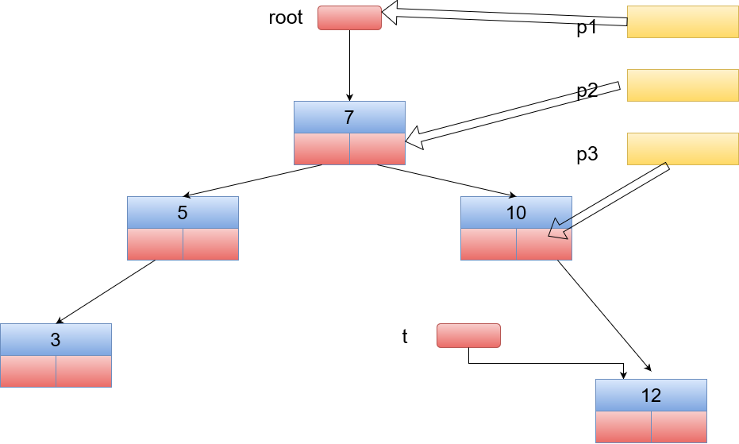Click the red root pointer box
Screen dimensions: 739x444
349,18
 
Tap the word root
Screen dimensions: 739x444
286,17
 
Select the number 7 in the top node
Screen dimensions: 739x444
348,117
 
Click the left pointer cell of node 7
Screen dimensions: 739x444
322,149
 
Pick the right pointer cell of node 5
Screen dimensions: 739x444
210,245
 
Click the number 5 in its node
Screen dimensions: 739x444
183,212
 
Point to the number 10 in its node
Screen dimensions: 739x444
516,212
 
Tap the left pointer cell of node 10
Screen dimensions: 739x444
489,245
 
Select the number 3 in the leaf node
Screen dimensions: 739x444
56,340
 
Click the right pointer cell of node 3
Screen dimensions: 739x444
84,372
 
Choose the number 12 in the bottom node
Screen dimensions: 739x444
651,396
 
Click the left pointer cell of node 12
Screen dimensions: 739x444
624,427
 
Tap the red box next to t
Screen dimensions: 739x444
468,335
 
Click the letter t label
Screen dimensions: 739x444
405,337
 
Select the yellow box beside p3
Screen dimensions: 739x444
683,149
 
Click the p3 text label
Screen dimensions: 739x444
587,154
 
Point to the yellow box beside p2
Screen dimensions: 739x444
683,86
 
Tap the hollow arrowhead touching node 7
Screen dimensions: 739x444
414,138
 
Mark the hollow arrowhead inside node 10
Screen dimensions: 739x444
559,230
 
